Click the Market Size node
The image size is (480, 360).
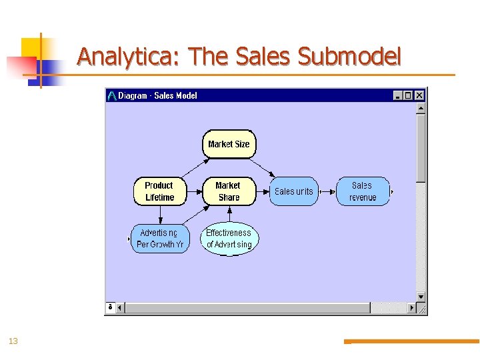tap(229, 144)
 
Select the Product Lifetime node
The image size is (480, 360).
tap(159, 191)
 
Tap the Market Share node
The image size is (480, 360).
tap(229, 191)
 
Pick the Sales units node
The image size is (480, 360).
tap(293, 191)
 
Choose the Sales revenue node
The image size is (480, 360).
tap(363, 191)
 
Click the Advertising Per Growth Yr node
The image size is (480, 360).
tap(160, 239)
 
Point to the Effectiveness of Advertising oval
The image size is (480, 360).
tap(229, 239)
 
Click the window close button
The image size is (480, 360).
tap(419, 95)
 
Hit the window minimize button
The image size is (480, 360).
tap(398, 95)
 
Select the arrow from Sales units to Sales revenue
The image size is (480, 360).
tap(327, 191)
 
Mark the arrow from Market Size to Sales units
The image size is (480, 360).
tap(263, 167)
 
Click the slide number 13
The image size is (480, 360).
tap(13, 341)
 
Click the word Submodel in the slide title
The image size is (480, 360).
tap(349, 57)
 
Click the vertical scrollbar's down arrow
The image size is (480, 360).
tap(421, 297)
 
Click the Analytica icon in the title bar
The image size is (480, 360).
tap(112, 95)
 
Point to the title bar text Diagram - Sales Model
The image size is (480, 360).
tap(158, 95)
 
